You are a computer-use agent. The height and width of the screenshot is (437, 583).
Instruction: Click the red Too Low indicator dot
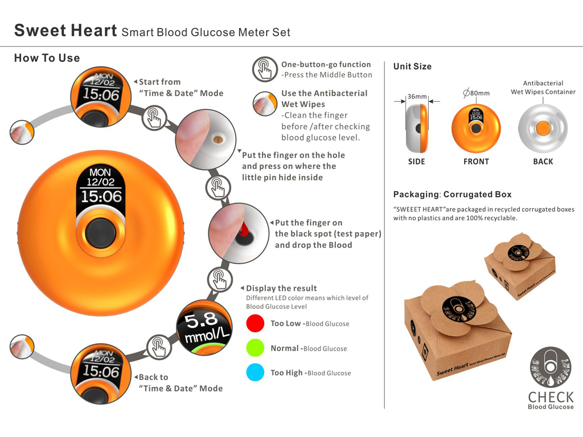(256, 323)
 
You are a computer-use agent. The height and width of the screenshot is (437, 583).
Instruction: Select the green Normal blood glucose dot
(256, 348)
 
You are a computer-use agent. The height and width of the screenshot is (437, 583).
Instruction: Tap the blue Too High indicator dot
(256, 373)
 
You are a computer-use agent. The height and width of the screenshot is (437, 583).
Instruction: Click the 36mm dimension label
(417, 97)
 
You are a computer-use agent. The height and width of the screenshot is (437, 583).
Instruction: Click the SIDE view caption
(417, 162)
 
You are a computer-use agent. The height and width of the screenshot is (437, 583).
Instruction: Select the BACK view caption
(543, 162)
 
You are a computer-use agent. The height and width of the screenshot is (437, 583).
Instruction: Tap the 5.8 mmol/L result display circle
(205, 329)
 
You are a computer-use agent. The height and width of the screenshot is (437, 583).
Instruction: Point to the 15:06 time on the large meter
(101, 197)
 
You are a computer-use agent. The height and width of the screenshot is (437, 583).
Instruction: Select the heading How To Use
(47, 58)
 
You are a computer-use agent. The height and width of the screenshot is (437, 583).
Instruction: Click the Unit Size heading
(412, 67)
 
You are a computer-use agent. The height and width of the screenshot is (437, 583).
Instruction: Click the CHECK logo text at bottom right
(551, 397)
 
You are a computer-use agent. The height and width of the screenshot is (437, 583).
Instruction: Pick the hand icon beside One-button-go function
(264, 69)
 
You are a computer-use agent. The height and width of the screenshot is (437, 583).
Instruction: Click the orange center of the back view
(543, 128)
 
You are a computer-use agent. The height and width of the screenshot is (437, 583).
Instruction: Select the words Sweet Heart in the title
(65, 30)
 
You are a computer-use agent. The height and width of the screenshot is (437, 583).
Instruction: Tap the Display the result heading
(281, 288)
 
